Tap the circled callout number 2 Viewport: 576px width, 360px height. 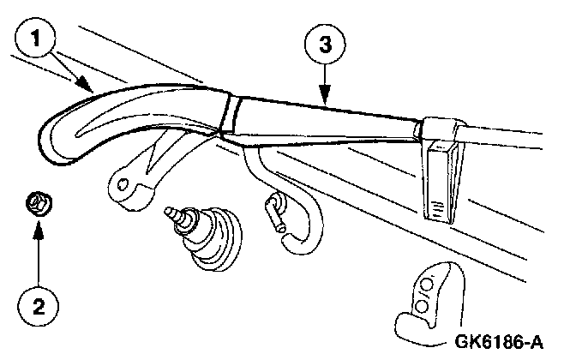pos(36,306)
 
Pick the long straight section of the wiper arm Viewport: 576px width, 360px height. pos(326,120)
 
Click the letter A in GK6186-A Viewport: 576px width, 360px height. pos(537,343)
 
